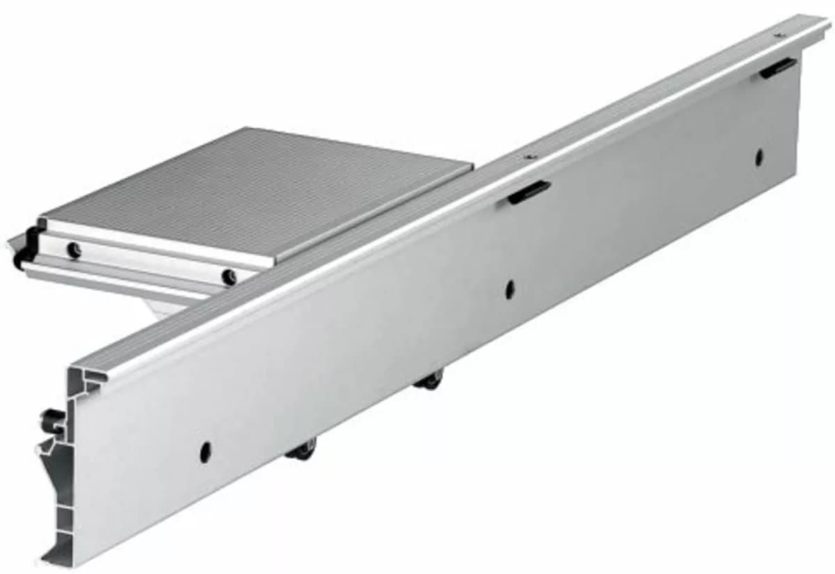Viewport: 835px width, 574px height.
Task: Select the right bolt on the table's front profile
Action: (x=228, y=277)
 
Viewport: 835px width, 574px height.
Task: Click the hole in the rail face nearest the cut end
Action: (x=205, y=452)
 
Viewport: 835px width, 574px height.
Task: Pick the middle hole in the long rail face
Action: (x=509, y=288)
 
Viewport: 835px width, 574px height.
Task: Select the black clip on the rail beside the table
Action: (x=529, y=192)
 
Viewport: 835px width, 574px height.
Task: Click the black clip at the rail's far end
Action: (x=778, y=67)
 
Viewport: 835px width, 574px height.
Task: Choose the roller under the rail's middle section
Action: (x=429, y=380)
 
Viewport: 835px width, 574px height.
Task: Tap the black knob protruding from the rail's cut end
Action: (x=50, y=420)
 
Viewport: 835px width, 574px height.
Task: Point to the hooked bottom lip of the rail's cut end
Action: (x=52, y=556)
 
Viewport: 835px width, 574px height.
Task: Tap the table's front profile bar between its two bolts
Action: (x=150, y=263)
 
